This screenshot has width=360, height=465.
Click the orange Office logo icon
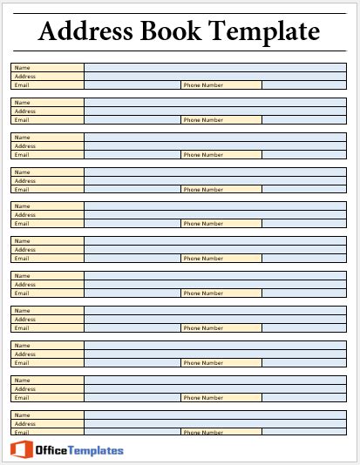(22, 449)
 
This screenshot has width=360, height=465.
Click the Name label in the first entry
(23, 68)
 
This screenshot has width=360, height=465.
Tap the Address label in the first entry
(25, 77)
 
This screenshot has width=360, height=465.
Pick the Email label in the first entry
(23, 85)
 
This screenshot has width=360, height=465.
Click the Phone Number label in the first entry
(203, 85)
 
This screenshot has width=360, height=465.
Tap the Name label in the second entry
(23, 103)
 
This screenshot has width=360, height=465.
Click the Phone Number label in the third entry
(203, 154)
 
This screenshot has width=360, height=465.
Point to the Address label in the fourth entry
(25, 180)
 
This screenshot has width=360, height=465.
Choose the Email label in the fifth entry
(23, 224)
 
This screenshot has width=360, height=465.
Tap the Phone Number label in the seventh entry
(203, 293)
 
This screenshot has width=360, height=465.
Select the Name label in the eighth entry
(23, 311)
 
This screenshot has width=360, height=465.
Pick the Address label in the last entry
(25, 423)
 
